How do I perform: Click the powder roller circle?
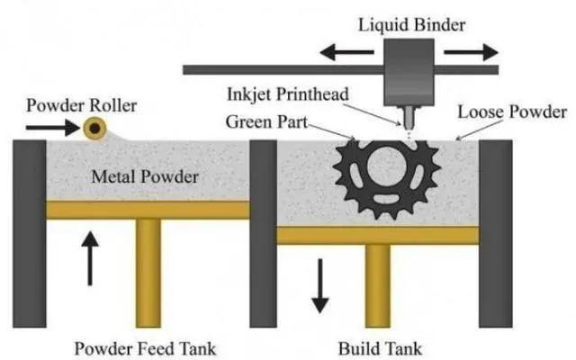coord(93,130)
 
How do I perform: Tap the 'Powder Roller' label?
coord(81,106)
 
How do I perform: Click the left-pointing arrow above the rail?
coord(347,52)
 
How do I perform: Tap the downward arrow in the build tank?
coord(318,286)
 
